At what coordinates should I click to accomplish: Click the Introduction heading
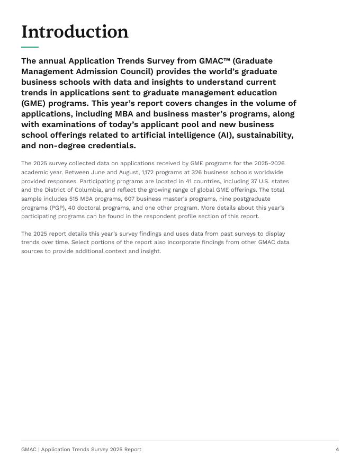pyautogui.click(x=75, y=32)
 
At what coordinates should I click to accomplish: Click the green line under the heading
pyautogui.click(x=30, y=47)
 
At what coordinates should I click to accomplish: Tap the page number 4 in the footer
pyautogui.click(x=337, y=450)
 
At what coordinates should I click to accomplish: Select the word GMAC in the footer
pyautogui.click(x=29, y=450)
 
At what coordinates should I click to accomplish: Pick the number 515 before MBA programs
pyautogui.click(x=73, y=199)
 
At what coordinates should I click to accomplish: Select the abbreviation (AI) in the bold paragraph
pyautogui.click(x=224, y=135)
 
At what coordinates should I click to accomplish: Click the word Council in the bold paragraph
pyautogui.click(x=133, y=71)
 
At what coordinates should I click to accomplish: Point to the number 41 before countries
pyautogui.click(x=188, y=182)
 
